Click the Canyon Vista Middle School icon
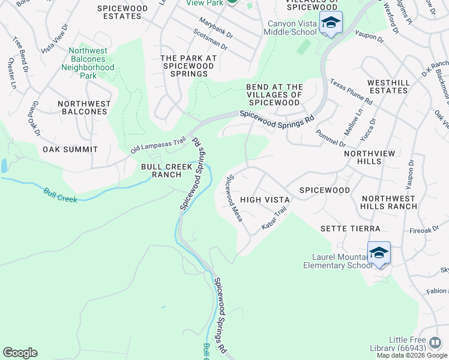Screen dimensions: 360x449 (x=330, y=23)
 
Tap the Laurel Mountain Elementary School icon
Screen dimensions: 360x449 (x=379, y=254)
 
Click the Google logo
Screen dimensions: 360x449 (x=20, y=353)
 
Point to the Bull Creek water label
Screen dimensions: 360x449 (x=60, y=195)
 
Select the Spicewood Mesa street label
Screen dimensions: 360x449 (x=234, y=198)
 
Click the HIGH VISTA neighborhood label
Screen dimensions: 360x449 (x=265, y=199)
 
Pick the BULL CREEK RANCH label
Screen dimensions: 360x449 (x=161, y=170)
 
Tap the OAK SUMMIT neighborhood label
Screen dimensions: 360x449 (x=70, y=149)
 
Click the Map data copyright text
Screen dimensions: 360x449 (x=412, y=355)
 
